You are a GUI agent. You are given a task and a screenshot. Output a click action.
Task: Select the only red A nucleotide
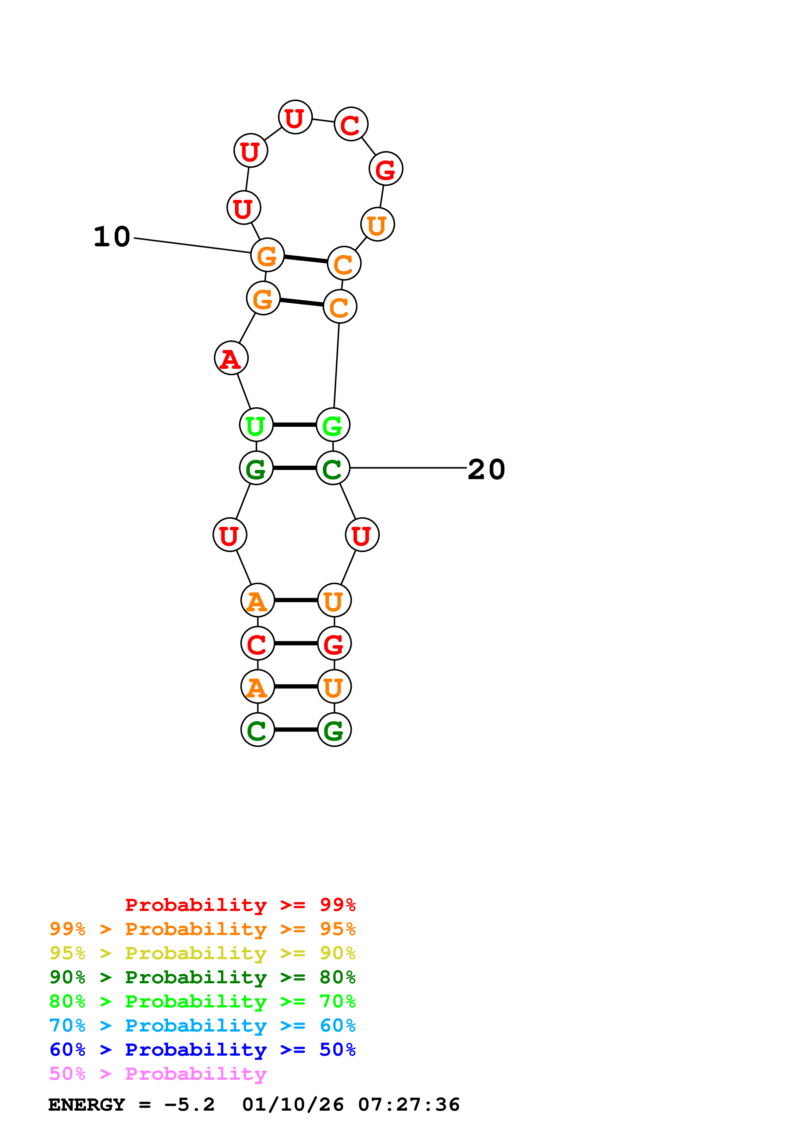pyautogui.click(x=231, y=358)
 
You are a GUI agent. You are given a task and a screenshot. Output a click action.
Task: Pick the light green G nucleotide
pyautogui.click(x=333, y=425)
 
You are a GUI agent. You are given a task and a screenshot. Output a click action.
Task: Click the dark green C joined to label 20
pyautogui.click(x=333, y=468)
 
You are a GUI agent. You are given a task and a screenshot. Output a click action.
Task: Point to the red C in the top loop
pyautogui.click(x=351, y=124)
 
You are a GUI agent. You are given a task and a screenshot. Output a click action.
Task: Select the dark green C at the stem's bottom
pyautogui.click(x=257, y=730)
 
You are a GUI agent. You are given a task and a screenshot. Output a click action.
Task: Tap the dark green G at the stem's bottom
pyautogui.click(x=334, y=730)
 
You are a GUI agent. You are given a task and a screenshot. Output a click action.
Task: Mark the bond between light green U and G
pyautogui.click(x=295, y=425)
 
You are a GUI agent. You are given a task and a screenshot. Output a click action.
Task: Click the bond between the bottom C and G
pyautogui.click(x=296, y=730)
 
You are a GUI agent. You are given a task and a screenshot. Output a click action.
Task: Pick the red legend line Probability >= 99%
pyautogui.click(x=240, y=905)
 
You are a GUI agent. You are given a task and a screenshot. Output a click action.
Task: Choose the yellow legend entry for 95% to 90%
pyautogui.click(x=202, y=953)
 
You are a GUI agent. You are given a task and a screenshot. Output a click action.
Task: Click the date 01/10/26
pyautogui.click(x=293, y=1105)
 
